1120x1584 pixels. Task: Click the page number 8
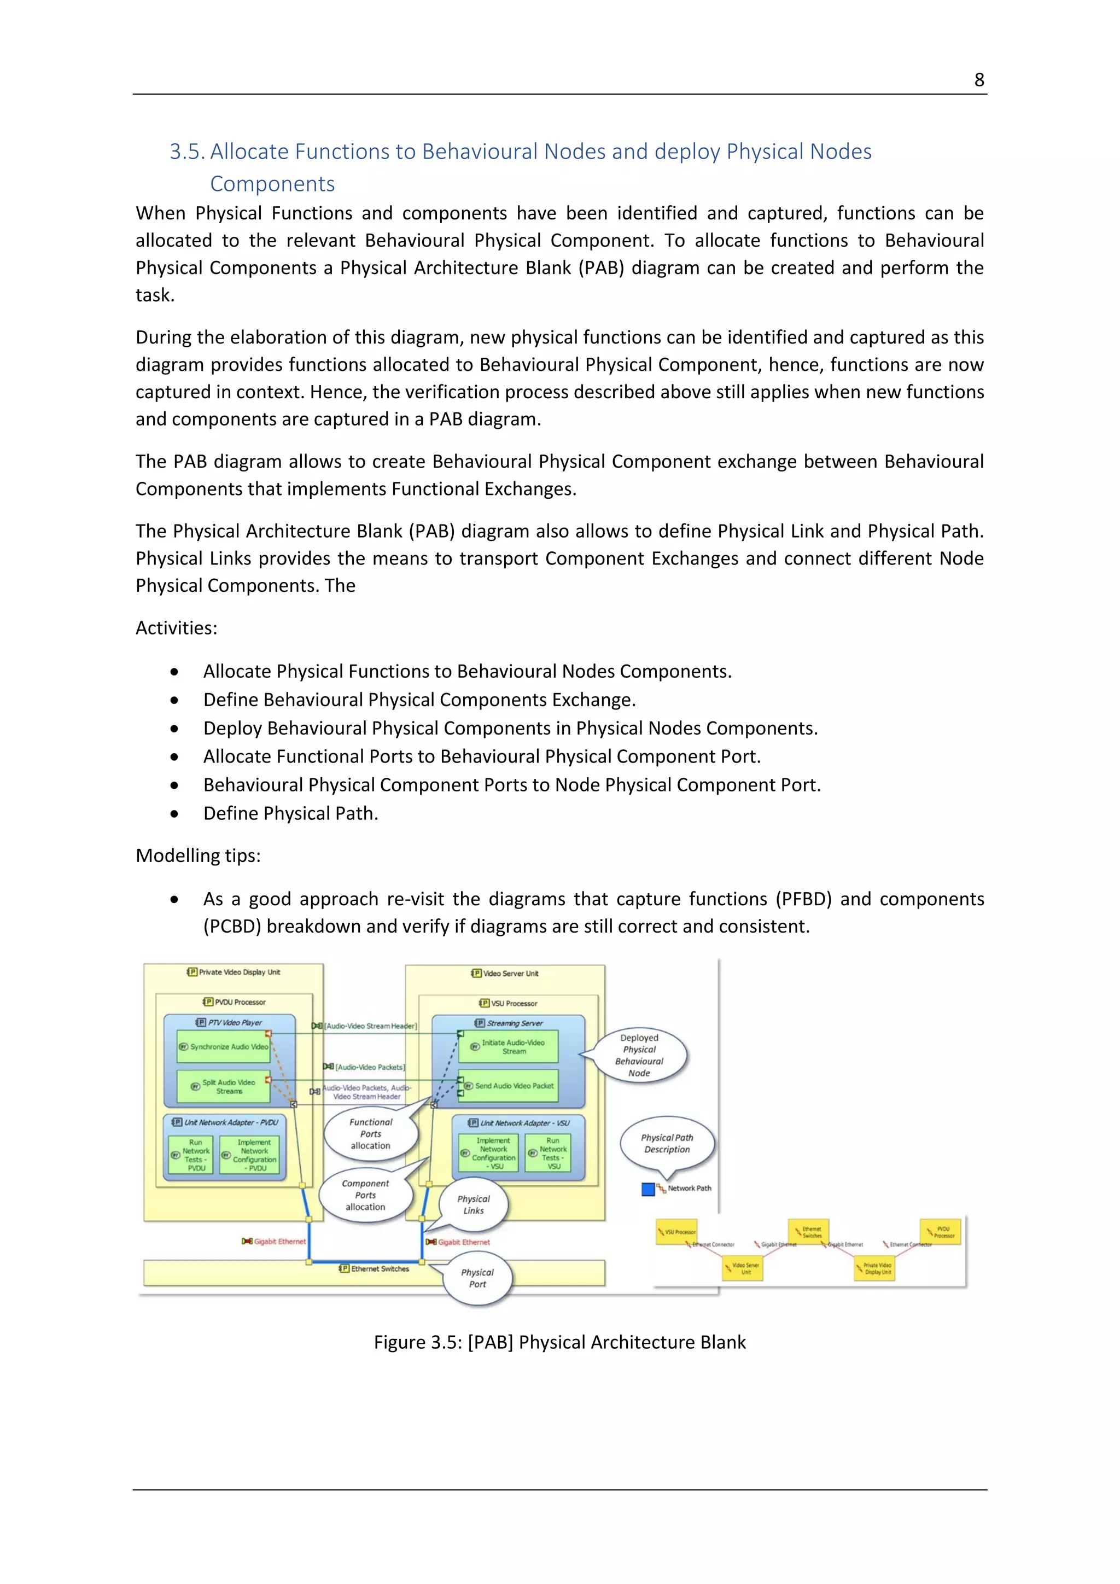pyautogui.click(x=978, y=80)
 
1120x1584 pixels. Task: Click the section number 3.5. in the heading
pyautogui.click(x=187, y=152)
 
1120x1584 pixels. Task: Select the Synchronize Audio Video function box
pyautogui.click(x=223, y=1046)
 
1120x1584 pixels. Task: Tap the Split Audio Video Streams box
pyautogui.click(x=223, y=1087)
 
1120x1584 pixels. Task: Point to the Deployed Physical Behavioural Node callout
pyautogui.click(x=639, y=1056)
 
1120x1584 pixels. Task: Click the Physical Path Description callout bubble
pyautogui.click(x=667, y=1143)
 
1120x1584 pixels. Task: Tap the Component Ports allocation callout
pyautogui.click(x=365, y=1195)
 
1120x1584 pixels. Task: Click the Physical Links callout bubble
pyautogui.click(x=474, y=1204)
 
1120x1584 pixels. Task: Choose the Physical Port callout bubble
pyautogui.click(x=478, y=1278)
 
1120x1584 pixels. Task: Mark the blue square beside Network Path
pyautogui.click(x=647, y=1189)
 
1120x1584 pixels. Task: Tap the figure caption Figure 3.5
pyautogui.click(x=559, y=1342)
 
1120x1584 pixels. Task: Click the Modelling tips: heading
pyautogui.click(x=198, y=855)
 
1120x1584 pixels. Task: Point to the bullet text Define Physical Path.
pyautogui.click(x=290, y=813)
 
